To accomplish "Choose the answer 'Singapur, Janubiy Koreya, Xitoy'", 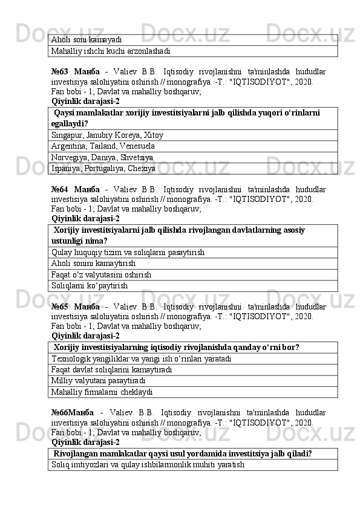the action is pos(108,135).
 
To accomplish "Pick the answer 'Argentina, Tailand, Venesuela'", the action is pos(103,146).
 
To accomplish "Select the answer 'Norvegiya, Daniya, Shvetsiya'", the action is pos(102,157).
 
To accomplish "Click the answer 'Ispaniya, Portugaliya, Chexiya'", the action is pos(103,168).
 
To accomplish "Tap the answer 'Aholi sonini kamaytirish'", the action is pos(94,263).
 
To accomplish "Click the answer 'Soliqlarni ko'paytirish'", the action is pos(90,285).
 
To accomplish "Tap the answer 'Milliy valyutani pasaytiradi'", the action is pos(99,381).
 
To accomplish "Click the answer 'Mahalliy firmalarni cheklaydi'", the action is pos(102,392).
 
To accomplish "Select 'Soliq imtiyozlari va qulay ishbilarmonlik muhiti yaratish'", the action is pos(148,465).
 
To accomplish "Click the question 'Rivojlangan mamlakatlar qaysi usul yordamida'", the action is pos(183,453).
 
